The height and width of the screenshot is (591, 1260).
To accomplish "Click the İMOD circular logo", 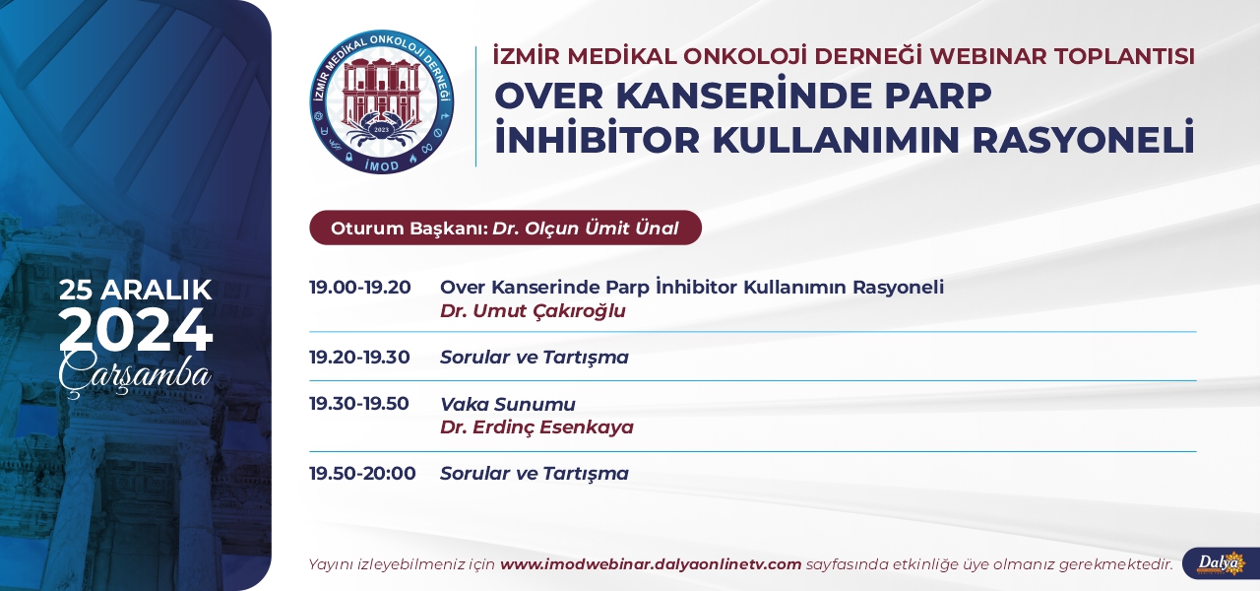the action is coord(382,101).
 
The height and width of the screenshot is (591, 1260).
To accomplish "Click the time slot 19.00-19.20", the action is coord(360,287).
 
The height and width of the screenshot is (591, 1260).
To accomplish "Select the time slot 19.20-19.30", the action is coord(359,357).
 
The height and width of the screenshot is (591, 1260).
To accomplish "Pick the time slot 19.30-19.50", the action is coord(359,404).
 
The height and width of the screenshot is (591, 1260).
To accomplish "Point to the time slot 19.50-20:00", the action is coord(363,474).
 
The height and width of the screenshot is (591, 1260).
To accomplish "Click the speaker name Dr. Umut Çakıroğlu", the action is coord(533,311).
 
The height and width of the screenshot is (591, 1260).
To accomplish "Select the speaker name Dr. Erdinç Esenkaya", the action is coord(536,427).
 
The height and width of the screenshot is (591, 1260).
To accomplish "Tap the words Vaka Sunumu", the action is coord(508,404).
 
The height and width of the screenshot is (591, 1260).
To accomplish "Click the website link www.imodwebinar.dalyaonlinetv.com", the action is coord(651,564).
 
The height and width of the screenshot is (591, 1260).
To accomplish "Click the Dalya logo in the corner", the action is coord(1221,563).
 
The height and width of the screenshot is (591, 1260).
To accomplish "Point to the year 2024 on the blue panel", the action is coord(136,330).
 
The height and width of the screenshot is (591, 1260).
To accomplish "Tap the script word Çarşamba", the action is coord(135,373).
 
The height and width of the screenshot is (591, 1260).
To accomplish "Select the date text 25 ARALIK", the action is coord(136,291).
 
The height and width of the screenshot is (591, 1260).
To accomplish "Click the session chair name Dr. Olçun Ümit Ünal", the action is coord(586,229).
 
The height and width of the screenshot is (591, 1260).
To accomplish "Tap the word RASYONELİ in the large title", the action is coord(1083,139).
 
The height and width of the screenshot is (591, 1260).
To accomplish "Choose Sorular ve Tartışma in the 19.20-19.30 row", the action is coord(535,358).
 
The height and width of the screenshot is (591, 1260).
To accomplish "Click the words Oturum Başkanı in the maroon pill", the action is coord(409,229).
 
